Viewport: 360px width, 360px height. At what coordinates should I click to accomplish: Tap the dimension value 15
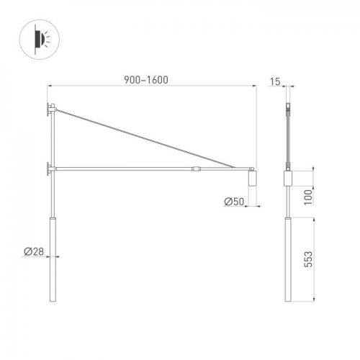pos(275,81)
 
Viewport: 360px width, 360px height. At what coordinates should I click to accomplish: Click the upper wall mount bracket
pos(50,109)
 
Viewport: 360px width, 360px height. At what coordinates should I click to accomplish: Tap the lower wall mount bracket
pos(50,169)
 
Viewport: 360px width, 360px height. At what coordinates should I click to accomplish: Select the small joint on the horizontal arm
pos(196,169)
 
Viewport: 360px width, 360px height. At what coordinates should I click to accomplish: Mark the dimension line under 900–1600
pos(152,87)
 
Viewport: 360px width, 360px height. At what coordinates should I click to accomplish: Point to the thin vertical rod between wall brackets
pos(52,140)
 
